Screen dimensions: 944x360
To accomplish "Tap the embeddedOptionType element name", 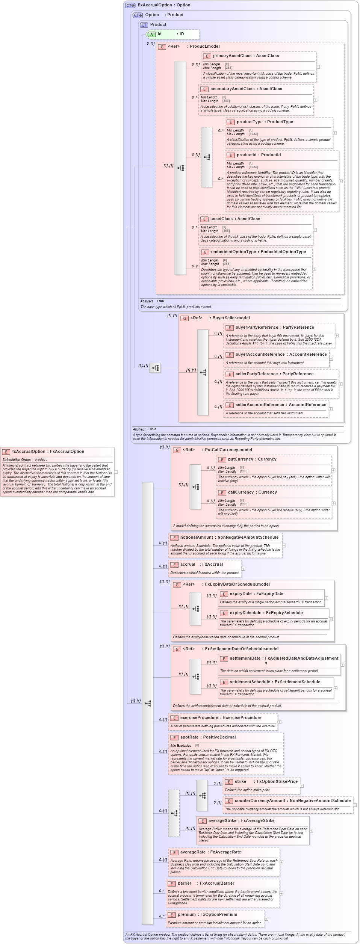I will click(x=233, y=252).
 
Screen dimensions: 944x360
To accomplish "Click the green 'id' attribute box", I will click(x=173, y=35).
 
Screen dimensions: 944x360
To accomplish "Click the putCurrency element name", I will click(x=241, y=459).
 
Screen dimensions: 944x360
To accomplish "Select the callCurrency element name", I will click(x=241, y=492).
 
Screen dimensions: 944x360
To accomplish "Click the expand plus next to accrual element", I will click(x=244, y=569).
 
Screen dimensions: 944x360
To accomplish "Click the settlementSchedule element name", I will click(x=250, y=682).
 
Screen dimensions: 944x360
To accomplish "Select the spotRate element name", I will click(x=189, y=737).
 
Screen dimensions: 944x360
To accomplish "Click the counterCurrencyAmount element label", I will click(x=261, y=801).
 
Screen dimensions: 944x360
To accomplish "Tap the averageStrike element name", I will click(x=222, y=821).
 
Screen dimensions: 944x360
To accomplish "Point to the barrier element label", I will click(x=185, y=884).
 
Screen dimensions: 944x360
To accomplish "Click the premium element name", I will click(x=187, y=915).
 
